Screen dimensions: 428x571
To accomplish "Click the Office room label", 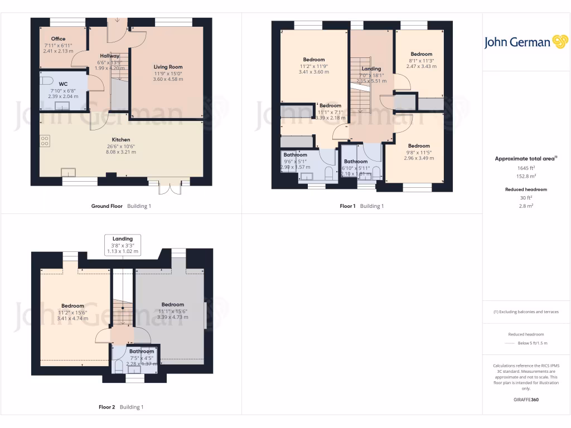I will tap(58, 39).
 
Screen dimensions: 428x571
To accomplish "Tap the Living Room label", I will tap(168, 67).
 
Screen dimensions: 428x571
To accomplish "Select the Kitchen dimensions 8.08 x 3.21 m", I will tap(120, 152).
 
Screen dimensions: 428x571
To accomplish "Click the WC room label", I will tap(63, 84).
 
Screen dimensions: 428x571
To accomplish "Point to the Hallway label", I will tap(109, 56).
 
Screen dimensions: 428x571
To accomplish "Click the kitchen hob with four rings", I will tap(45, 142).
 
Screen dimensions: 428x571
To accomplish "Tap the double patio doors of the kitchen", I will tap(170, 187).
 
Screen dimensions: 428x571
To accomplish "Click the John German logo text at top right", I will tap(517, 42).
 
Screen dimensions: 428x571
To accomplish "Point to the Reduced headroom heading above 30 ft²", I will tap(526, 189).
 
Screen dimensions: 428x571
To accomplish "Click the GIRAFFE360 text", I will tap(526, 400).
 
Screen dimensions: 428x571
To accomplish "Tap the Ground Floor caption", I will tap(107, 206).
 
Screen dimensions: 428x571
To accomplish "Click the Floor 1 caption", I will tap(347, 206).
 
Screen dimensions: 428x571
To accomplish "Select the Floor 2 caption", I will tap(107, 407).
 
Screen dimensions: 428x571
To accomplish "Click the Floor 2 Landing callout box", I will tap(122, 245).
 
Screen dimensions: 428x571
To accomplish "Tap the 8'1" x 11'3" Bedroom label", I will tap(421, 54).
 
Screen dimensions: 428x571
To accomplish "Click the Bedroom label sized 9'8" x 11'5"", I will tap(418, 145).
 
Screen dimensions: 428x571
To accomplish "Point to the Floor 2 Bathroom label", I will tap(142, 352).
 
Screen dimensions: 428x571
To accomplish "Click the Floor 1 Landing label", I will tap(371, 69).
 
